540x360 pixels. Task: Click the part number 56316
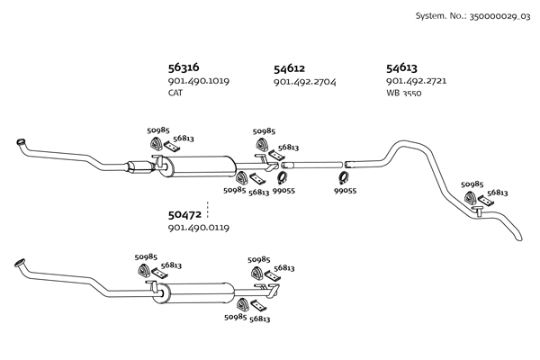tap(184, 67)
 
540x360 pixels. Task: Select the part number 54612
tap(290, 67)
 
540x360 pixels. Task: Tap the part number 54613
tap(401, 67)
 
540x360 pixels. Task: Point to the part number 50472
tap(184, 215)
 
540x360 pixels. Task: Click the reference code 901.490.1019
tap(198, 81)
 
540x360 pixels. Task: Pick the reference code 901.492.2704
tap(304, 81)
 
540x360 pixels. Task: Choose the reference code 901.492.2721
tap(416, 81)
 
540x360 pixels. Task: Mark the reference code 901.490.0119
tap(198, 229)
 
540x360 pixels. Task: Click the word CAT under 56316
tap(175, 93)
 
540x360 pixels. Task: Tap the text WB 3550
tap(404, 93)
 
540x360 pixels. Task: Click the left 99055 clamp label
tap(283, 191)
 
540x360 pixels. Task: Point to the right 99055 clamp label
tap(346, 191)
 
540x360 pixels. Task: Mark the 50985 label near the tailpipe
tap(472, 184)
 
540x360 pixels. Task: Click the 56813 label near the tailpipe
tap(498, 193)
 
